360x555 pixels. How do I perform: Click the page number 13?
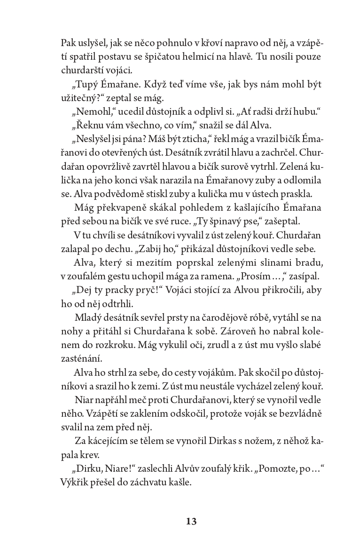click(x=191, y=521)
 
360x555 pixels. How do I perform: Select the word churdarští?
click(x=83, y=71)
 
